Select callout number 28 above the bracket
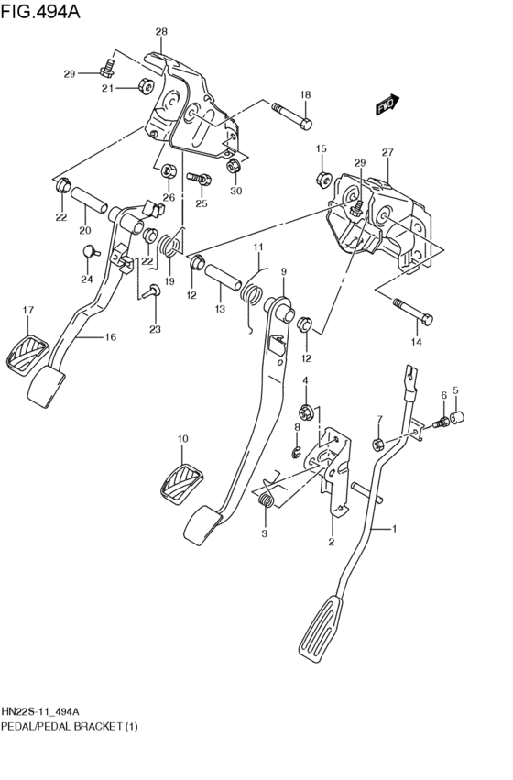point(161,32)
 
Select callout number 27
point(387,152)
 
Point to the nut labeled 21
point(145,88)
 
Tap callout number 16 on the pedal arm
point(110,337)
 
